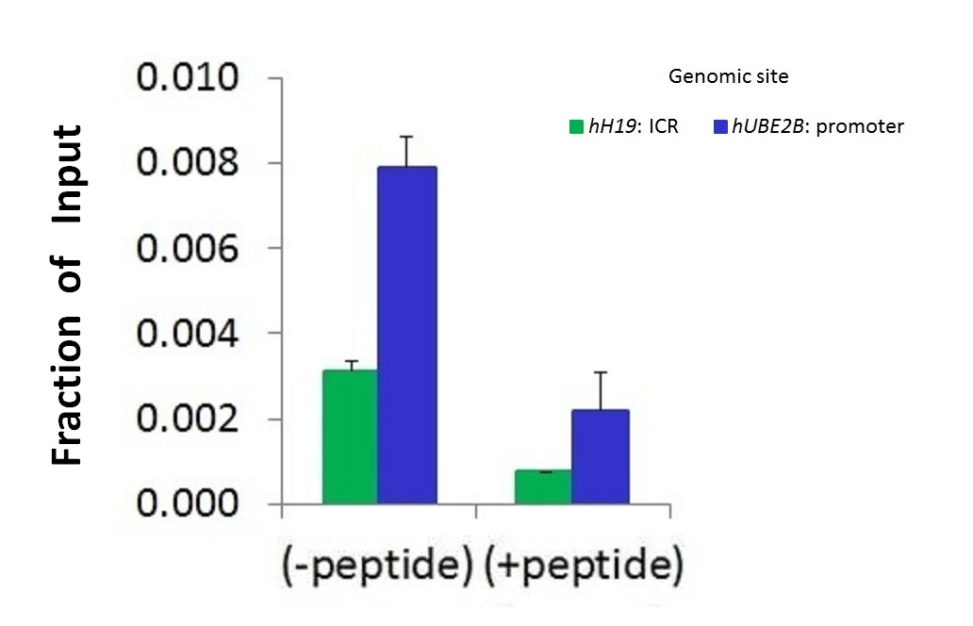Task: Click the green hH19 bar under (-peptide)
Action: click(x=350, y=437)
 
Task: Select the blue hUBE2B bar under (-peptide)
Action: click(x=407, y=335)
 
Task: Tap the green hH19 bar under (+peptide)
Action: click(x=543, y=487)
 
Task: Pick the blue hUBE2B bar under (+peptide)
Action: click(x=600, y=456)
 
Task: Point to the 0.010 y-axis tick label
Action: click(x=188, y=77)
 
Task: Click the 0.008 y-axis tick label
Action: click(x=188, y=162)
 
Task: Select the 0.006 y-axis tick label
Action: click(x=188, y=248)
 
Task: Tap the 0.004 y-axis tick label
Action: click(x=188, y=334)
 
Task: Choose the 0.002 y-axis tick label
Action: click(x=188, y=419)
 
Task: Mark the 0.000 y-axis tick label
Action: click(x=188, y=503)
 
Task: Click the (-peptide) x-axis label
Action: click(x=378, y=566)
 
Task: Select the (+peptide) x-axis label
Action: click(x=584, y=566)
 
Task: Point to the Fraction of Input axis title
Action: click(x=67, y=295)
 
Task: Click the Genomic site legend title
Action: click(x=729, y=76)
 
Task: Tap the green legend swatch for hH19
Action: click(x=576, y=126)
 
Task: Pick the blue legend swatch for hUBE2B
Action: click(x=720, y=126)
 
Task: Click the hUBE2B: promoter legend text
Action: click(x=817, y=126)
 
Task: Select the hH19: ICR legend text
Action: click(x=634, y=126)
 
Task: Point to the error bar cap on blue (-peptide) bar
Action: click(x=406, y=137)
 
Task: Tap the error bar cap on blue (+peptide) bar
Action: click(x=600, y=372)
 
